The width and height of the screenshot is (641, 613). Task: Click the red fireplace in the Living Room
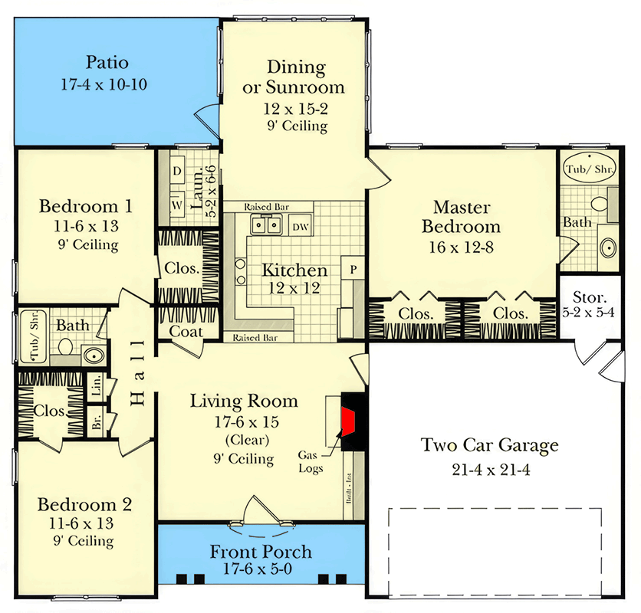[x=350, y=422]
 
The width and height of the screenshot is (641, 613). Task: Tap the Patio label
[x=107, y=63]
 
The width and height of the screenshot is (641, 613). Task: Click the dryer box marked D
[x=176, y=171]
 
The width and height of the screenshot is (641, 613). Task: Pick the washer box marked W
[x=176, y=205]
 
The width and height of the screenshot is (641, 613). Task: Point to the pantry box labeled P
[x=354, y=269]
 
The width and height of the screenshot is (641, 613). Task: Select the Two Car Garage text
[x=489, y=445]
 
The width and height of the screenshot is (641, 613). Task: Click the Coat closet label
[x=186, y=332]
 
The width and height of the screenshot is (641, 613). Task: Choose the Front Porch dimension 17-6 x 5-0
[x=261, y=570]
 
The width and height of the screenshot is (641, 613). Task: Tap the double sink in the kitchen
[x=266, y=225]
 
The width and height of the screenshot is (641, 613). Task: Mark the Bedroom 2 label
[x=84, y=505]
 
